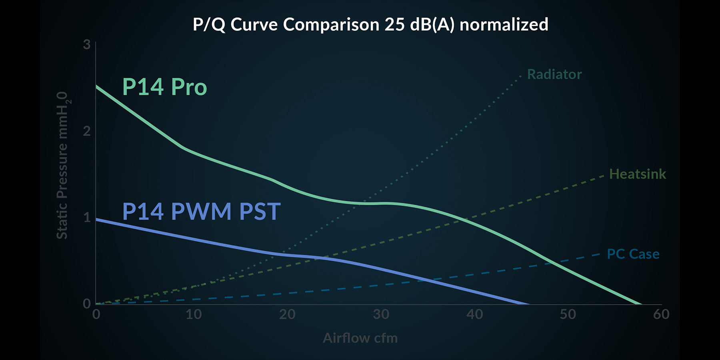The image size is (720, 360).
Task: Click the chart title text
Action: click(370, 25)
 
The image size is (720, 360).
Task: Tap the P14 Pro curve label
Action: click(164, 87)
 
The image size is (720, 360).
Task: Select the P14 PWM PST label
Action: click(201, 212)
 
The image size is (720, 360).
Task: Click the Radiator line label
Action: click(554, 74)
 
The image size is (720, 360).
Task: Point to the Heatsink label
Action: click(638, 174)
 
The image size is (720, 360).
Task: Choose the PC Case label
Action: click(633, 254)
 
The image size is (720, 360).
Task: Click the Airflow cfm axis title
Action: click(360, 338)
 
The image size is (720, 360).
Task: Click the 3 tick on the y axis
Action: click(87, 44)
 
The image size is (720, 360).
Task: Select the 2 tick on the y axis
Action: click(87, 131)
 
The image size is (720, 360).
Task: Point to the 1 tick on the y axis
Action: click(87, 217)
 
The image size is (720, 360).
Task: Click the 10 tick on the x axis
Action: click(194, 314)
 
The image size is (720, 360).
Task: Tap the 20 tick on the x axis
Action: click(287, 314)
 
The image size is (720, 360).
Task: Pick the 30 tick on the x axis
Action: click(381, 314)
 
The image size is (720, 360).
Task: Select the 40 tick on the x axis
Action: click(475, 314)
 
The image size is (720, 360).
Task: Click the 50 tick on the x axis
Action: click(568, 314)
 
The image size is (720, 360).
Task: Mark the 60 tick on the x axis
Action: click(661, 314)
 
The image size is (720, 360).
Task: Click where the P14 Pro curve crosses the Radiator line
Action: click(364, 203)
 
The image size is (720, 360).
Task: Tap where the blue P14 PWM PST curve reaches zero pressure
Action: click(528, 304)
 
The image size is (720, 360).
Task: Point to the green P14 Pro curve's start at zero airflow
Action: click(96, 86)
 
